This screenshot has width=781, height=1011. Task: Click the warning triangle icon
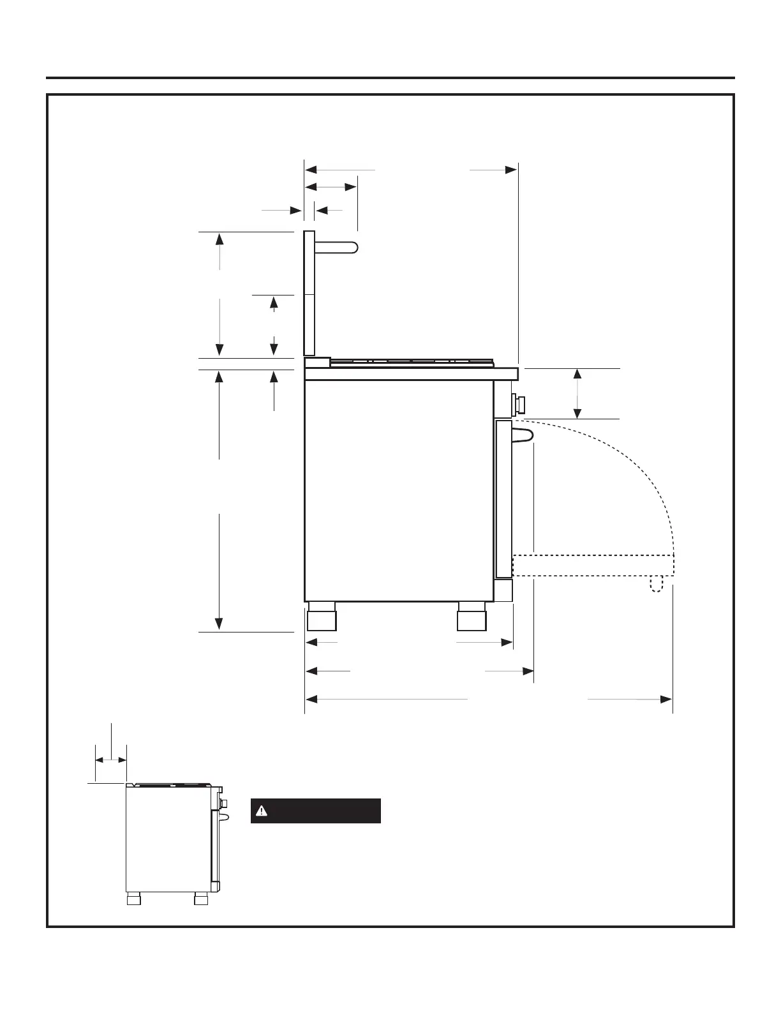tap(260, 811)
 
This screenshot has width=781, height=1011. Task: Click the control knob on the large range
tap(520, 404)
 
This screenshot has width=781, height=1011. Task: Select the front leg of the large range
tap(471, 617)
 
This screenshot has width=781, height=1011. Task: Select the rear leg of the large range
tap(321, 617)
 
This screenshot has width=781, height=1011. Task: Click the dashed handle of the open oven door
tap(657, 585)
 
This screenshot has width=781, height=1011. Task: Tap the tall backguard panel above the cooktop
tap(309, 294)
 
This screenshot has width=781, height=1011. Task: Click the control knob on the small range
tap(223, 802)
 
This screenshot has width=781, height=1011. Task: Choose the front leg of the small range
tap(202, 900)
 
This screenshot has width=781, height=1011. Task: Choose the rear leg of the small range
tap(133, 900)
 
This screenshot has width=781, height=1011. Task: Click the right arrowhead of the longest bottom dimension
tap(666, 700)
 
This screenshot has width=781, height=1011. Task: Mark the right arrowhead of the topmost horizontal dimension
tap(511, 170)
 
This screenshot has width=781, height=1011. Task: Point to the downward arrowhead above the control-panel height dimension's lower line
tap(577, 413)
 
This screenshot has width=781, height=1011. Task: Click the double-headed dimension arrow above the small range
tap(111, 760)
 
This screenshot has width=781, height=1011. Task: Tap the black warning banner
tap(316, 811)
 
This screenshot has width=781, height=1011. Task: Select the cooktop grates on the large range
tap(412, 362)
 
